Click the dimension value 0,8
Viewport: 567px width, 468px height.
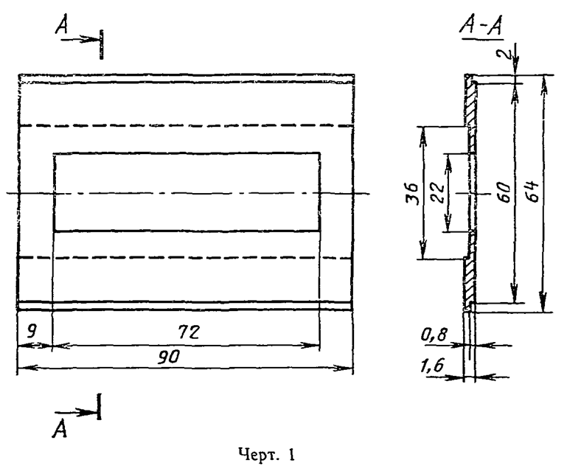pos(434,336)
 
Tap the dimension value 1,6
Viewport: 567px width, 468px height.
pos(434,365)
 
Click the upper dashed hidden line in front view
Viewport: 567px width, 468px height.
pos(184,126)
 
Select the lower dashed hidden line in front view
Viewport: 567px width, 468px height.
pos(184,259)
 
